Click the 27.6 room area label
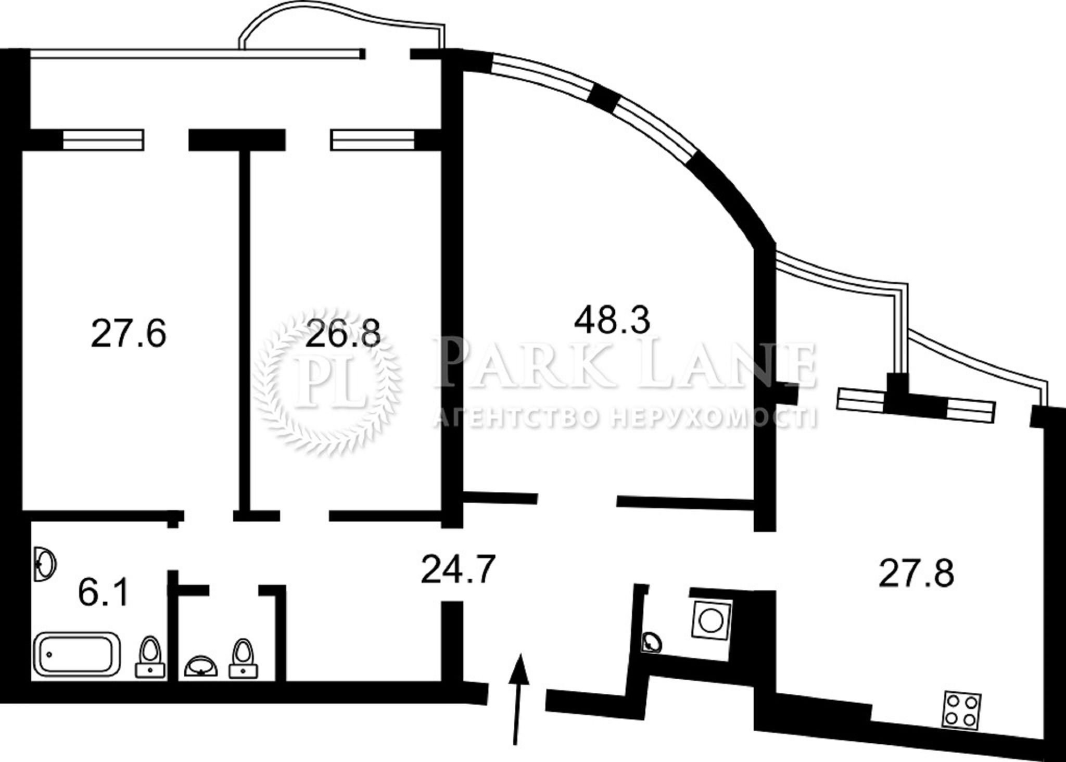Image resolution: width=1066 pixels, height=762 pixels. [x=129, y=334]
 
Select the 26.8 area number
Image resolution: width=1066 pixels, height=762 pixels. [x=343, y=334]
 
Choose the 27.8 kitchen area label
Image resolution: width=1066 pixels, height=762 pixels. [x=916, y=574]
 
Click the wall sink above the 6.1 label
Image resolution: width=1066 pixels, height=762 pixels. [x=45, y=564]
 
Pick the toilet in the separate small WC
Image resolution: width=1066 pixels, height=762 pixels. [x=244, y=658]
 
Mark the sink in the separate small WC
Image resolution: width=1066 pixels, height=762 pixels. [x=202, y=667]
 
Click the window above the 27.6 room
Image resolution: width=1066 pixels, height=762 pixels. [x=103, y=140]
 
